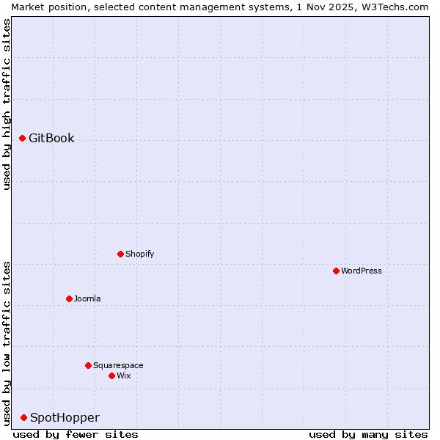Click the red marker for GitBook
(x=23, y=138)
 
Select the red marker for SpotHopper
(x=24, y=417)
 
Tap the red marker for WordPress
(x=337, y=271)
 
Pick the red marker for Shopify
(x=121, y=254)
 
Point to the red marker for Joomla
(x=70, y=298)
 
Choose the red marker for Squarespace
(x=89, y=365)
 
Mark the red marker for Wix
(x=112, y=375)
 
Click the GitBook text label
(x=51, y=138)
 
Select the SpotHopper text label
(x=65, y=417)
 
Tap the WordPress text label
(x=362, y=271)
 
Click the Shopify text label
(x=140, y=254)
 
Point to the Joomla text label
(x=87, y=298)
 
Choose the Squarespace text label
(x=118, y=365)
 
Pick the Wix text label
(x=124, y=375)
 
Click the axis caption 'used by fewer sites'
(x=76, y=434)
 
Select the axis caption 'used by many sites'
(x=368, y=434)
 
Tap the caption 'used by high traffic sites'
(x=7, y=104)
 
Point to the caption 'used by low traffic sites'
(x=7, y=342)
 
